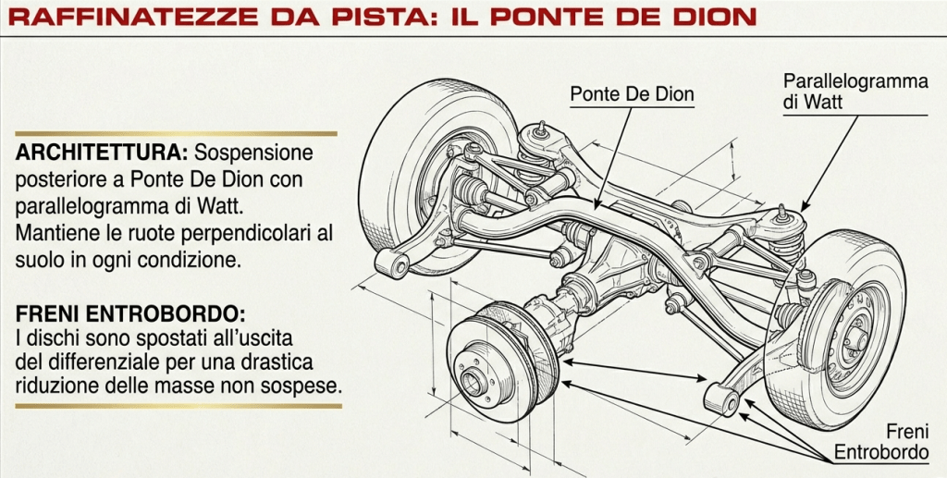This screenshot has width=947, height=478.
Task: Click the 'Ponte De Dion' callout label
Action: [632, 94]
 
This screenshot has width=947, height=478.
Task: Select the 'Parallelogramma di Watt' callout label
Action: [855, 92]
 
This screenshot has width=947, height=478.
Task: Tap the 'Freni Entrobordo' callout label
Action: [881, 441]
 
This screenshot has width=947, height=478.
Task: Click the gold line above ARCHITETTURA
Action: [177, 133]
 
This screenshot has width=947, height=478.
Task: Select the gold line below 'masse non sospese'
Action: [178, 406]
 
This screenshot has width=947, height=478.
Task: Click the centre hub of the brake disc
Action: [473, 382]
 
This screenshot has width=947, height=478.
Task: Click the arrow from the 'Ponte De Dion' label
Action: [614, 157]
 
